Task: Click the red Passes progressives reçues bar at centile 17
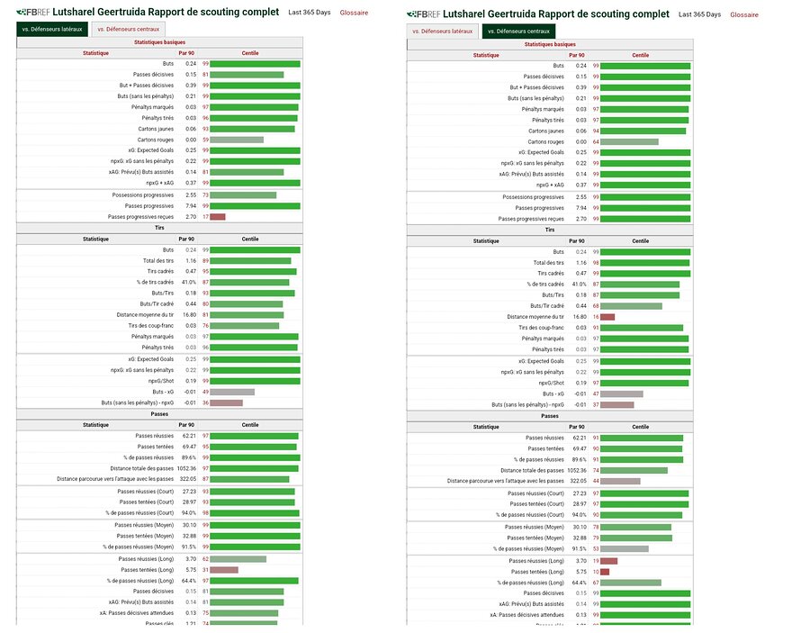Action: pyautogui.click(x=217, y=217)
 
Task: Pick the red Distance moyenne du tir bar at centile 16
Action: pyautogui.click(x=607, y=317)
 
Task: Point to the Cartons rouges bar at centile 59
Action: pyautogui.click(x=237, y=140)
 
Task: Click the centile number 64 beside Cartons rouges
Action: pyautogui.click(x=595, y=141)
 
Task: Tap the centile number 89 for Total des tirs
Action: pyautogui.click(x=205, y=260)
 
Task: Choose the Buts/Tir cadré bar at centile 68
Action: pyautogui.click(x=631, y=306)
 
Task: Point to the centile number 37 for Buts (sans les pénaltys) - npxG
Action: pyautogui.click(x=595, y=404)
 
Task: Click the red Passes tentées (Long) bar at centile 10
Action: pyautogui.click(x=605, y=572)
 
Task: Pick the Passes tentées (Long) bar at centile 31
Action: pyautogui.click(x=224, y=570)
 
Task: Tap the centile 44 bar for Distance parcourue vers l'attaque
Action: pyautogui.click(x=620, y=481)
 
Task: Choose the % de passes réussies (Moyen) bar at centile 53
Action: pyautogui.click(x=624, y=548)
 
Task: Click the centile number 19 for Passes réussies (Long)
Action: pyautogui.click(x=595, y=560)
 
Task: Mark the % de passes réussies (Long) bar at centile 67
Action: pyautogui.click(x=630, y=583)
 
